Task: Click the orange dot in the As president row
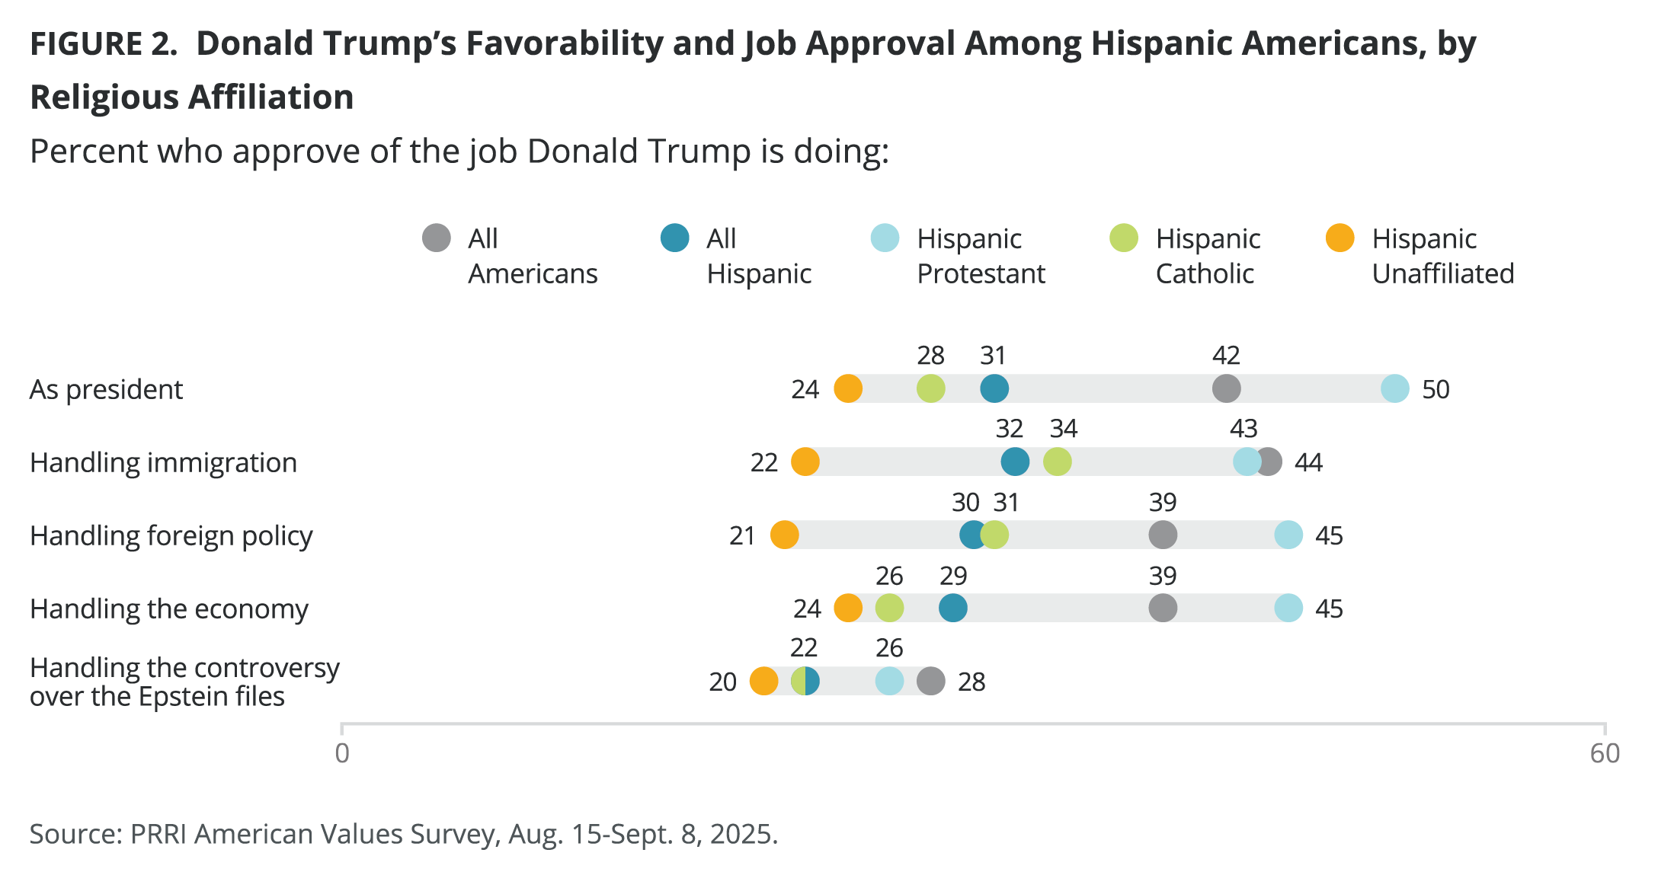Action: click(x=848, y=388)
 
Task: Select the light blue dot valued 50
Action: click(x=1394, y=388)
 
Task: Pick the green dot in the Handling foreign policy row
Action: click(x=995, y=535)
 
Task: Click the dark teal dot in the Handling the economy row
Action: click(x=952, y=608)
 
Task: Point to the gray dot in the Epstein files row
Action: click(x=930, y=681)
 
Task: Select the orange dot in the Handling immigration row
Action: click(x=805, y=462)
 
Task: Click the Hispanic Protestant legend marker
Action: click(x=885, y=238)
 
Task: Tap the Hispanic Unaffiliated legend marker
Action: click(x=1340, y=238)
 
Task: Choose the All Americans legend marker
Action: click(x=437, y=238)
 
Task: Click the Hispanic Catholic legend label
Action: click(x=1208, y=256)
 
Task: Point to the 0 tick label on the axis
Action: click(x=342, y=753)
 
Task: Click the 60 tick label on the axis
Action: click(x=1604, y=753)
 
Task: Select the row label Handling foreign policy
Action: click(x=171, y=535)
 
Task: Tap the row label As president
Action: click(x=106, y=389)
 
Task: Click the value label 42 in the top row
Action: click(x=1226, y=355)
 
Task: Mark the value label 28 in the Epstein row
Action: click(x=971, y=682)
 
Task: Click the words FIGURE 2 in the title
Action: click(x=103, y=43)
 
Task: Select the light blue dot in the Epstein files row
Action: click(x=889, y=681)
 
